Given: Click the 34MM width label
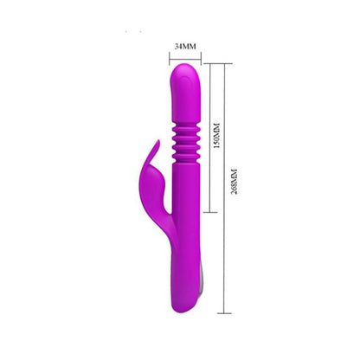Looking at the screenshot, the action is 185,46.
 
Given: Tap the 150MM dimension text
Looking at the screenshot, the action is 216,135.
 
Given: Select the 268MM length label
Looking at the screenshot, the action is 235,182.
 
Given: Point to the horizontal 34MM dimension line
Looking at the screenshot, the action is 185,60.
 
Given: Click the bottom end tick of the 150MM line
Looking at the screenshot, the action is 210,212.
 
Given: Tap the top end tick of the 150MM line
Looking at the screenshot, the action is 210,63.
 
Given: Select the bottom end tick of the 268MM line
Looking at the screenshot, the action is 225,313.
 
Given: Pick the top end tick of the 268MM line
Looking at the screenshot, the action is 225,63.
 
